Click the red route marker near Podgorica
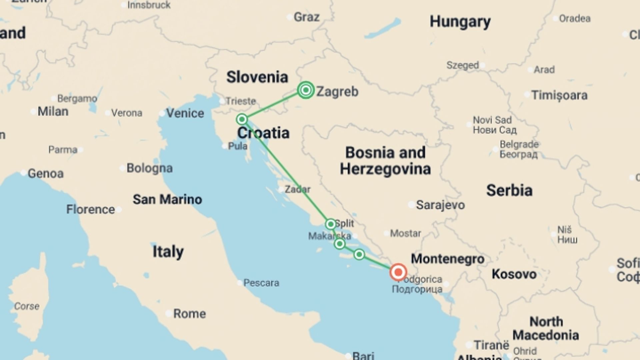(x=398, y=272)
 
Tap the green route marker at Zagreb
(x=306, y=90)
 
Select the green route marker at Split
(x=331, y=224)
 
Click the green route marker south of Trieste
(x=242, y=119)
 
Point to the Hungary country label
(x=460, y=22)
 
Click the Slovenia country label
(x=257, y=77)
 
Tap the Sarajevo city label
(x=440, y=205)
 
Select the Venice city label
(x=185, y=113)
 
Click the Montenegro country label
(x=447, y=259)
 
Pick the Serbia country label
(x=509, y=190)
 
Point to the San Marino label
(x=167, y=199)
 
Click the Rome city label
(x=189, y=314)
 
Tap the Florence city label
(x=90, y=209)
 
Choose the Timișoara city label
(x=559, y=95)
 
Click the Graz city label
(x=306, y=17)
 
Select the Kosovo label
(x=514, y=274)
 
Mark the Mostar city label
(x=405, y=233)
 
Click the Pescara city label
(x=261, y=283)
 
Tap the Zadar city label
(x=297, y=189)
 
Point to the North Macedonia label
(x=546, y=328)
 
